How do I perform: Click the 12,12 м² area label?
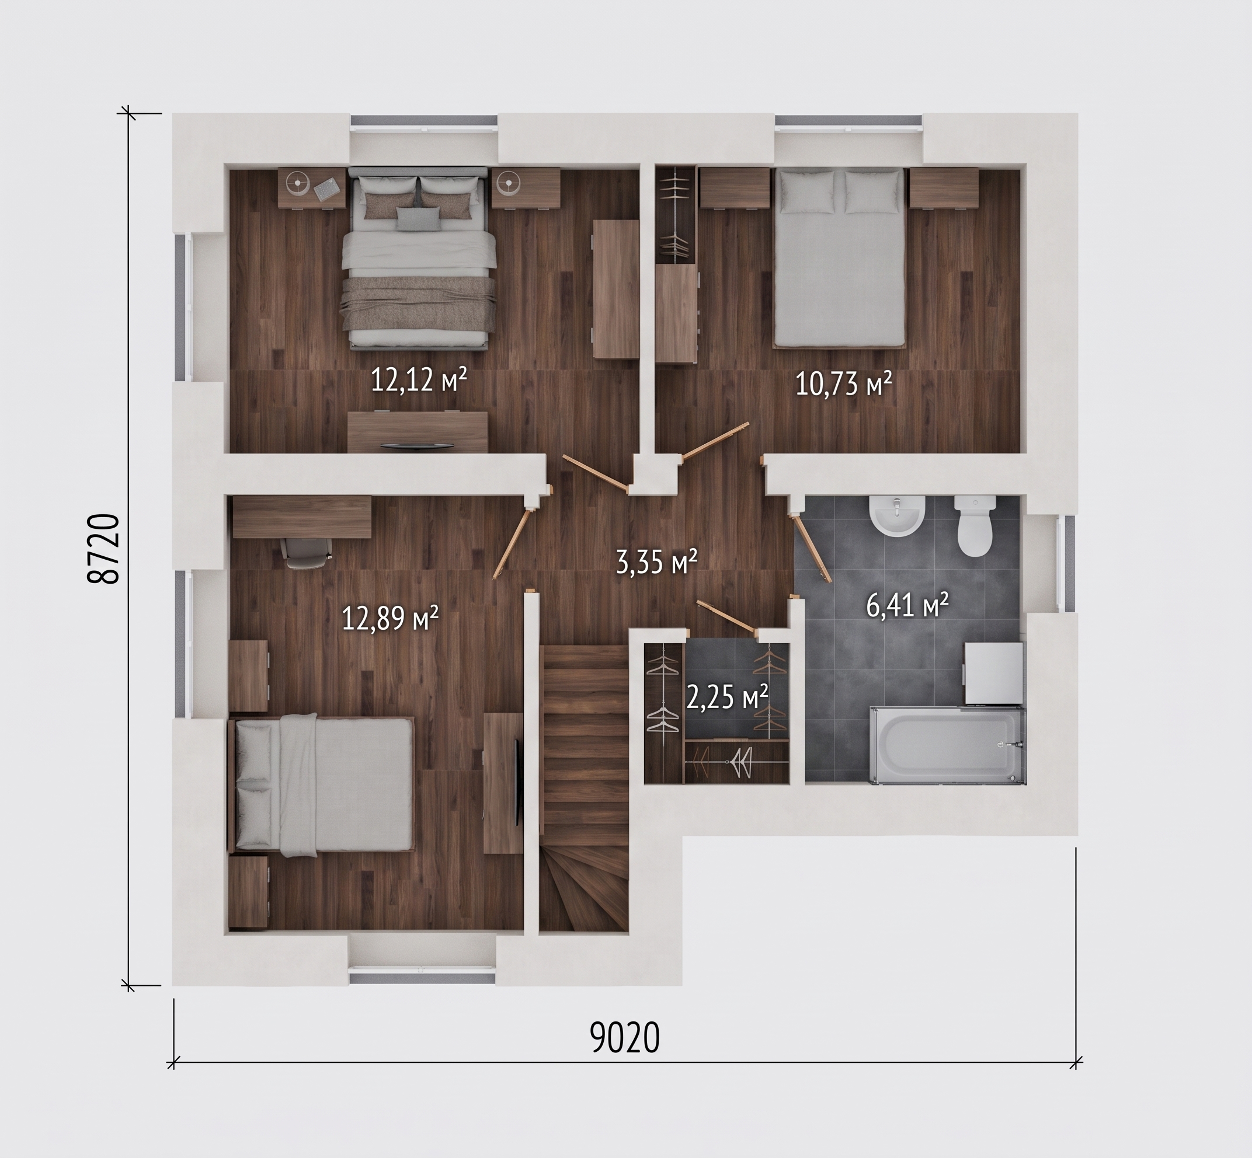coord(419,380)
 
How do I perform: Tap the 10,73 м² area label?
coord(843,383)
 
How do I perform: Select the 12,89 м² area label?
coord(390,619)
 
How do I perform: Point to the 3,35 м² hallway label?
coord(656,562)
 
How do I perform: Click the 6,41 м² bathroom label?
coord(907,605)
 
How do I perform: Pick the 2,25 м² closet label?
coord(727,697)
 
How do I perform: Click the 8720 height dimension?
coord(103,549)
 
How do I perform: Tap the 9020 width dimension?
coord(625,1038)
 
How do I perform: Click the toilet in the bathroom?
coord(975,526)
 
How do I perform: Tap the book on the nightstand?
coord(326,188)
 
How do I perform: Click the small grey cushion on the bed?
coord(418,218)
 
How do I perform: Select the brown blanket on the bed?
coord(418,304)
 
